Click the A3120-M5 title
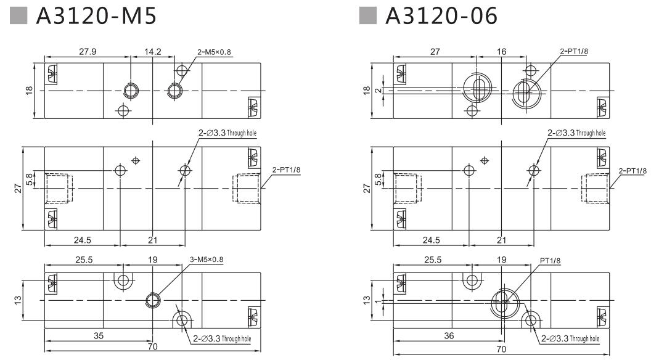(x=97, y=17)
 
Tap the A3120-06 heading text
(x=440, y=17)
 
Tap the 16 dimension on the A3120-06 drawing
(x=501, y=52)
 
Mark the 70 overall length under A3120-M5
(x=152, y=347)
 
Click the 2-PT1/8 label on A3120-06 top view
(x=575, y=51)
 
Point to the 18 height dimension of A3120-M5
(x=28, y=90)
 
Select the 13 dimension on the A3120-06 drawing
(x=367, y=300)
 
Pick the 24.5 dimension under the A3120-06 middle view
(x=432, y=240)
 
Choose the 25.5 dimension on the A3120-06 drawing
(x=432, y=260)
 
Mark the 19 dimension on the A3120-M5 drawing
(x=153, y=260)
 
